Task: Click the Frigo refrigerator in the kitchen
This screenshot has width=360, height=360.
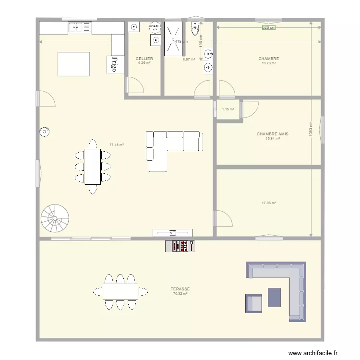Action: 114,64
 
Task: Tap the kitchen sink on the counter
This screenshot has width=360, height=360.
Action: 80,28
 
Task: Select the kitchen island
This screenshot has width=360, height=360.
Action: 73,64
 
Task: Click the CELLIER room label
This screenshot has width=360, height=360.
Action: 144,59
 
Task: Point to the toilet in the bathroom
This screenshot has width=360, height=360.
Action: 194,28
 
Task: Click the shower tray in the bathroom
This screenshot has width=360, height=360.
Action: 173,38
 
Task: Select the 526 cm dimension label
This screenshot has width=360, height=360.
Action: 269,27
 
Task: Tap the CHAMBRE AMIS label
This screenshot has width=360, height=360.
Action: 272,134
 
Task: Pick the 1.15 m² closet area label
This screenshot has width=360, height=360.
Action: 228,109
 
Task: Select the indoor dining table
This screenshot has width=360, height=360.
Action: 93,166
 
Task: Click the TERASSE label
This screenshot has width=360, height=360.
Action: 180,289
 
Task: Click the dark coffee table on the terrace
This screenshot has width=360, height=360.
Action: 274,297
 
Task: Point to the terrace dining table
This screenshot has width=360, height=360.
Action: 120,291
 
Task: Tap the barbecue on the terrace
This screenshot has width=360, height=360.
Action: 180,246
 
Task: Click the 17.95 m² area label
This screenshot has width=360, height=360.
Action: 269,203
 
